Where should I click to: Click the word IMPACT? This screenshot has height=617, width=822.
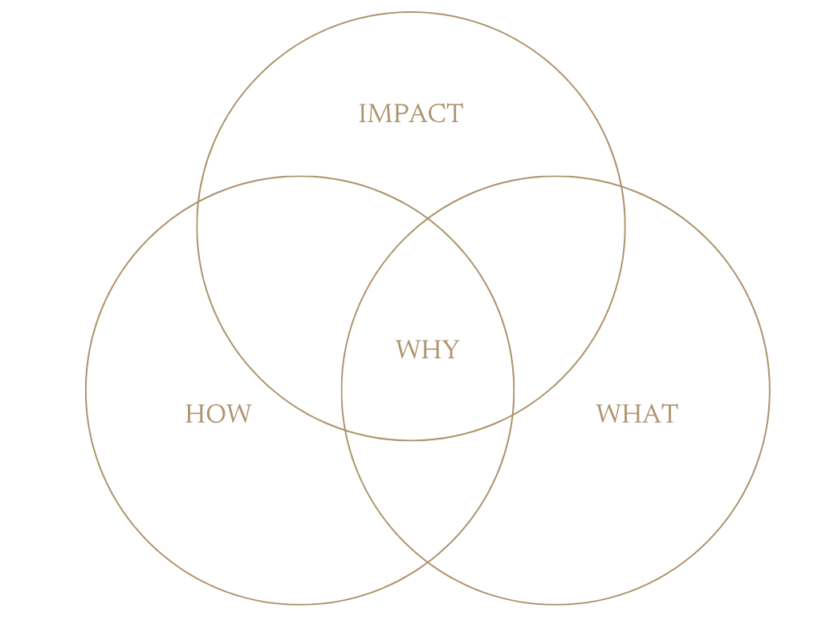[410, 113]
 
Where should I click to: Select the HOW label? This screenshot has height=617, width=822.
[218, 414]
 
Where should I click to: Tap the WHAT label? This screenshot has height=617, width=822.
[637, 414]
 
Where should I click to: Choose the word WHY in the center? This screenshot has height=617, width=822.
[427, 349]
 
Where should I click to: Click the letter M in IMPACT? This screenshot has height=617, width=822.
[380, 113]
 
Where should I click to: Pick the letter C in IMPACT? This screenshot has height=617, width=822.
[437, 113]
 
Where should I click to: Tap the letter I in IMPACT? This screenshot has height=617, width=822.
[362, 113]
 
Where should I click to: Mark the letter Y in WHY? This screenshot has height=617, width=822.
[450, 349]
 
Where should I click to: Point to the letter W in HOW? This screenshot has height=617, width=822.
[238, 414]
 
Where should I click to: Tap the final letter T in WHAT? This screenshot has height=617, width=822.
[669, 414]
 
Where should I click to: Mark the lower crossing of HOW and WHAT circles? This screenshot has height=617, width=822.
[427, 562]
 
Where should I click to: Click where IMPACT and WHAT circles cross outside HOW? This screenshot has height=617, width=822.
[622, 187]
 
